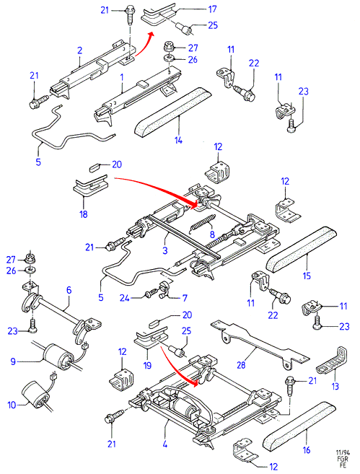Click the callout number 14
point(178,140)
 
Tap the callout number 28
point(241,365)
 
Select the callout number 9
point(13,361)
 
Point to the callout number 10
point(12,405)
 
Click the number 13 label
point(335,386)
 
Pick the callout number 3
point(165,250)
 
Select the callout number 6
point(69,290)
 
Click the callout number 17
point(213,9)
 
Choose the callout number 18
point(84,214)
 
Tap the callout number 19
point(147,366)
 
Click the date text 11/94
point(343,452)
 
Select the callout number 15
point(307,276)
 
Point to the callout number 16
point(307,450)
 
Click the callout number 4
point(165,444)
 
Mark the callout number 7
point(185,298)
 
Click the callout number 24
point(125,298)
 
